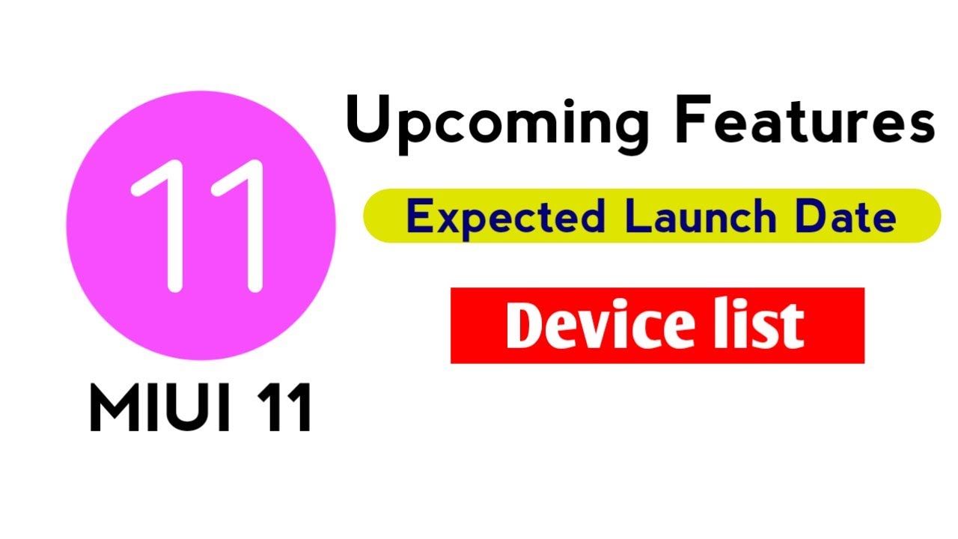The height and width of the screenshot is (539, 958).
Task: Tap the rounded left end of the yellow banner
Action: pos(374,216)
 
